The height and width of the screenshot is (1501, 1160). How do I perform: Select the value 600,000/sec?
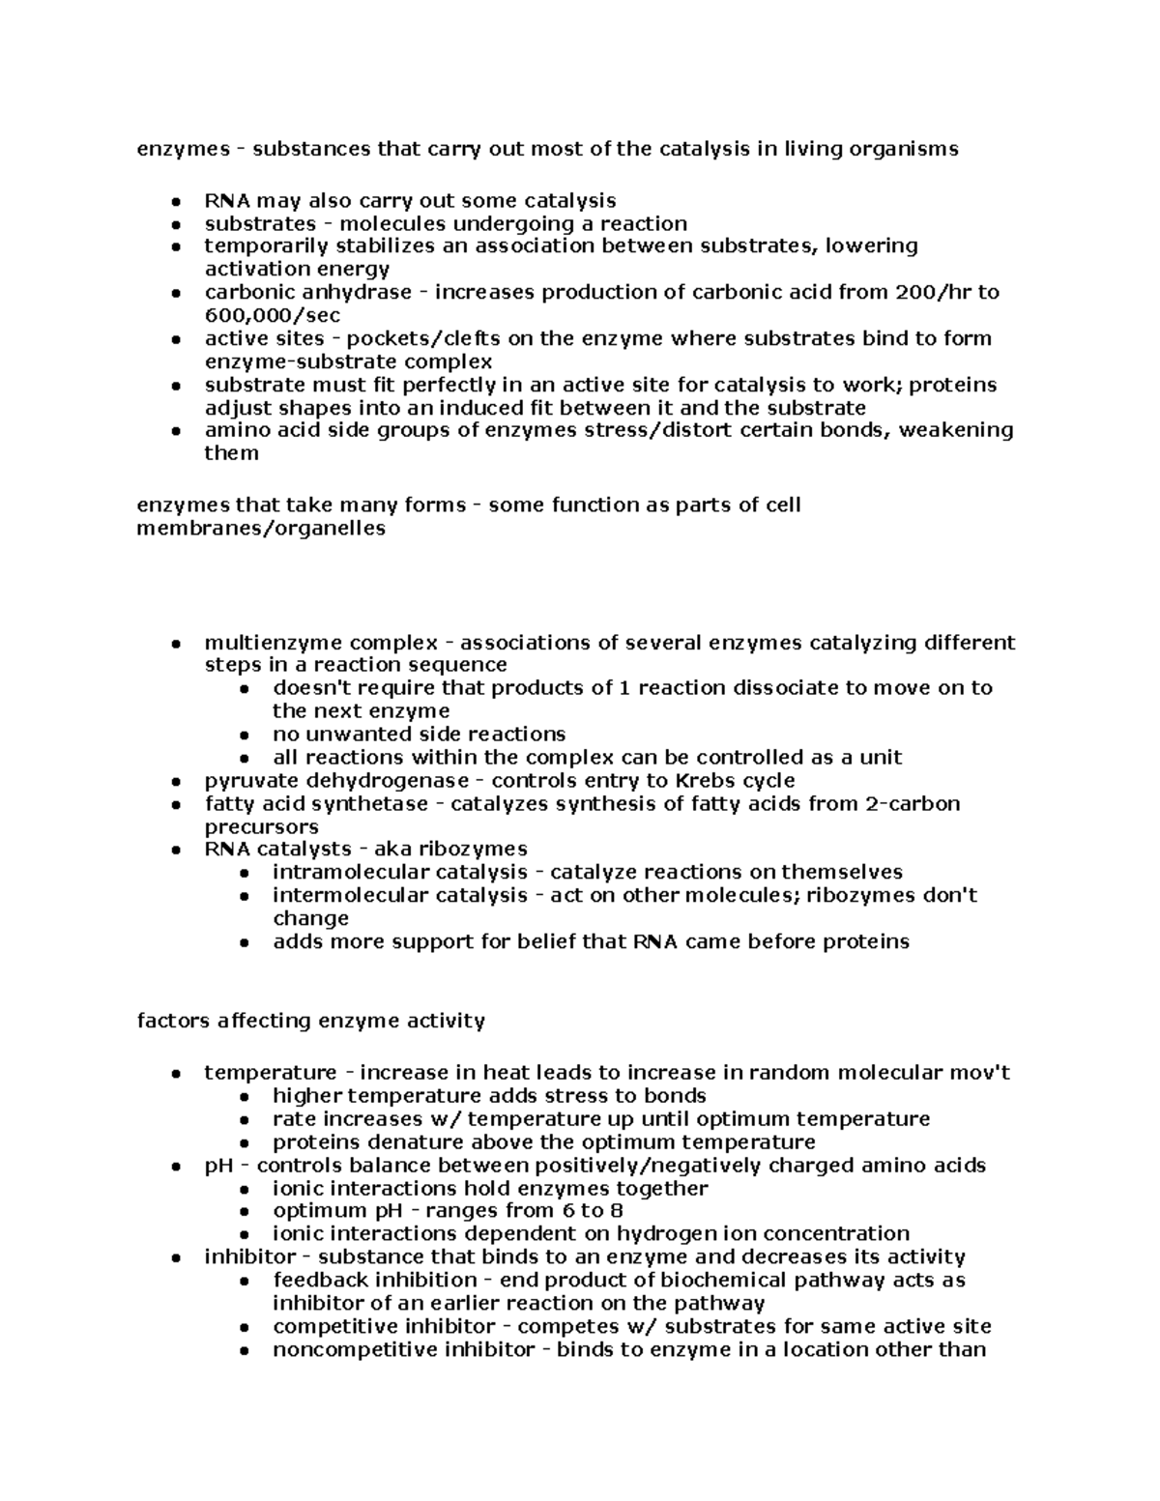[272, 315]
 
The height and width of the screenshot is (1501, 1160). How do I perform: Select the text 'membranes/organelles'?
[261, 528]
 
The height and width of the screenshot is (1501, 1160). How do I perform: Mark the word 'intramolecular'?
[346, 873]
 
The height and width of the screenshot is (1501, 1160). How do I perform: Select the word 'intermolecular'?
[346, 896]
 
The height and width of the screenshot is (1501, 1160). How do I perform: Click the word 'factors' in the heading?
[169, 1021]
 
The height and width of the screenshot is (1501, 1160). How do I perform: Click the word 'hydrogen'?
[659, 1234]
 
